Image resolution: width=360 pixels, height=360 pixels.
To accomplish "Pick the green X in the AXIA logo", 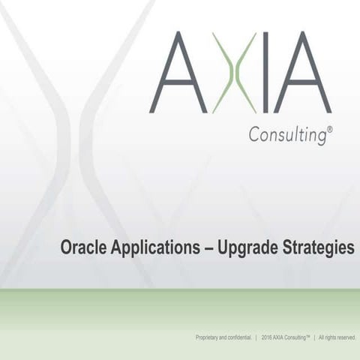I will (234, 72).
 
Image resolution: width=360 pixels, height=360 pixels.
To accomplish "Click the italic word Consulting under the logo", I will (286, 136).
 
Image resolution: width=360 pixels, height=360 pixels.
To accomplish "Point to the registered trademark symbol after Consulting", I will (330, 130).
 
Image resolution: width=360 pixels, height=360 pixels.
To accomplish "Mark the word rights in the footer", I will (331, 338).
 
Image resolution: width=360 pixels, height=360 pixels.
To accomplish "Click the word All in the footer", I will (322, 338).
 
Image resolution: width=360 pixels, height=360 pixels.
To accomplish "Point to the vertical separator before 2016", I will (256, 338).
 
